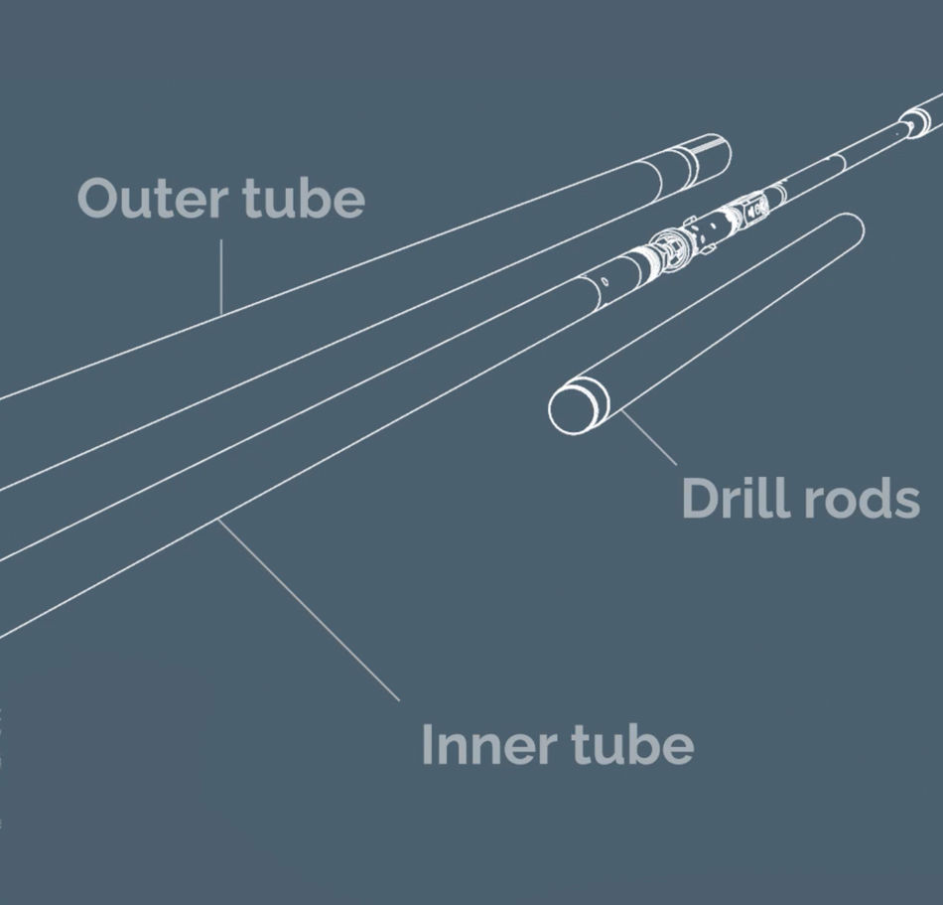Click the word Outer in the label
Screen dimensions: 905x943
click(x=151, y=198)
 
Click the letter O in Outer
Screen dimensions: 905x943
click(x=99, y=198)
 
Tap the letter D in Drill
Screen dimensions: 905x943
click(x=700, y=498)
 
